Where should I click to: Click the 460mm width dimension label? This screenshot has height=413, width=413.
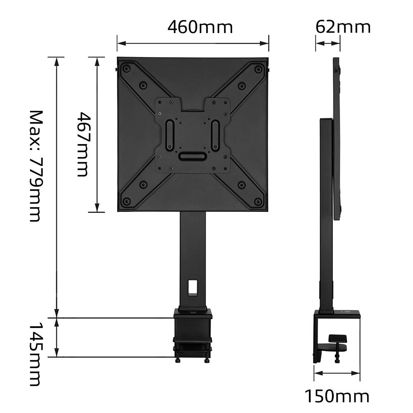pyautogui.click(x=200, y=27)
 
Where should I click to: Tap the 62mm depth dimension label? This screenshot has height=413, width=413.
pyautogui.click(x=343, y=27)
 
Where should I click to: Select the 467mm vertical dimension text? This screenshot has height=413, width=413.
pyautogui.click(x=83, y=144)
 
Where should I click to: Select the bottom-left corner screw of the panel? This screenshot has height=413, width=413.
pyautogui.click(x=127, y=202)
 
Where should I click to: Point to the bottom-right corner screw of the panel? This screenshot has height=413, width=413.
pyautogui.click(x=258, y=202)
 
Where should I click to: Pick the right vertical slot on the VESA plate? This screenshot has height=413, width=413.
pyautogui.click(x=215, y=135)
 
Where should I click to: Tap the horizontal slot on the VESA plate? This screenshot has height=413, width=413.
pyautogui.click(x=192, y=157)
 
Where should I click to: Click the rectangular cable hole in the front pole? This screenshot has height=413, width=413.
pyautogui.click(x=193, y=287)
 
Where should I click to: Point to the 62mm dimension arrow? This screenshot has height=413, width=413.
pyautogui.click(x=328, y=43)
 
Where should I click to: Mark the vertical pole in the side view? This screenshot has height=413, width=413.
pyautogui.click(x=326, y=215)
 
